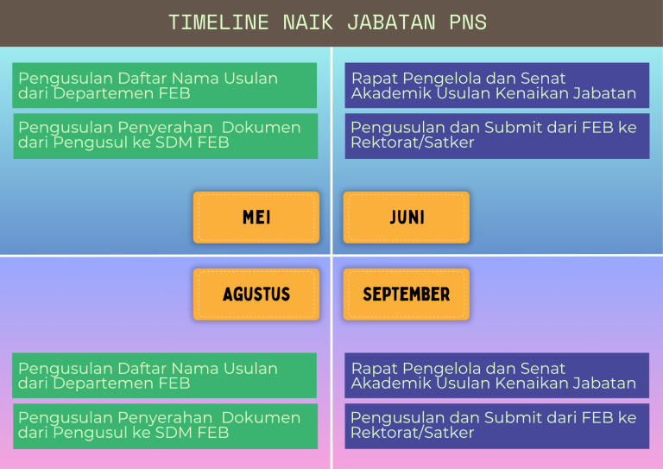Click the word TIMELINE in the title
[x=218, y=22]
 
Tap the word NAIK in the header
[x=308, y=22]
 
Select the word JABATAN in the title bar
[x=391, y=22]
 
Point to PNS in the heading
[x=468, y=22]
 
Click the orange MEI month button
[x=256, y=218]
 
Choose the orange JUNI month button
[x=407, y=218]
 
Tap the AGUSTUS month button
[x=256, y=295]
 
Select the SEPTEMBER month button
[x=407, y=295]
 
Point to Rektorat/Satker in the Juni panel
[x=413, y=143]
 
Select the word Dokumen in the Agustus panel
[x=261, y=418]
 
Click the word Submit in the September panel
[x=509, y=418]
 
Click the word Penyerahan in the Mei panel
[x=165, y=128]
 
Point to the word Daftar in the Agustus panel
[x=142, y=369]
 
